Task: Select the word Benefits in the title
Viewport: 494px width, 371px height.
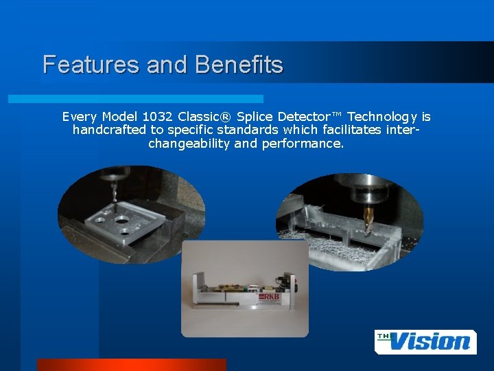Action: click(x=239, y=65)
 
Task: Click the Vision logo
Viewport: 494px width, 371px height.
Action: click(x=425, y=341)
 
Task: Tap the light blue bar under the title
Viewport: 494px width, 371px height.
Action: click(x=137, y=99)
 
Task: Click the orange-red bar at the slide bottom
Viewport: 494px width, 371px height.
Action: click(x=130, y=364)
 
